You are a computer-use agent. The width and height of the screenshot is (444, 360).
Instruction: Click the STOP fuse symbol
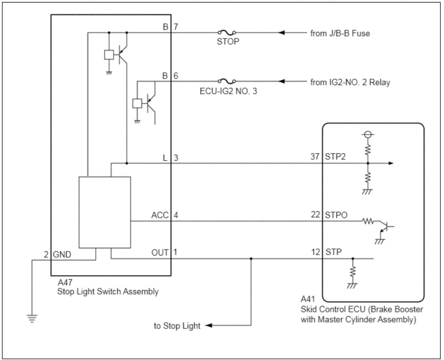pos(227,32)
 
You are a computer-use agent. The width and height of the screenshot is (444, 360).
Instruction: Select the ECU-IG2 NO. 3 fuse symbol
pos(227,82)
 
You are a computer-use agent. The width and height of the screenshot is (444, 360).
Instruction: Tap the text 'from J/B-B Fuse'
pos(340,33)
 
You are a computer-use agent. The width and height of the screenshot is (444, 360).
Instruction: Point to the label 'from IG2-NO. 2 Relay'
pos(350,83)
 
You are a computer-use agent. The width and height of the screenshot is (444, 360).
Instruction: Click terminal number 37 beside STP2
pos(315,157)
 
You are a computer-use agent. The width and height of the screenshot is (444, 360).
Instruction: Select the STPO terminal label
pos(336,215)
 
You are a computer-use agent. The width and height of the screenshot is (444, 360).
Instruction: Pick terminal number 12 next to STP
pos(315,252)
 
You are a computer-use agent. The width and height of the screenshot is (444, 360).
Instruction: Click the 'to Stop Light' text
pos(177,326)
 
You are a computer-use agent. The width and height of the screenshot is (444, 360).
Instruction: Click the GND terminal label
pos(62,255)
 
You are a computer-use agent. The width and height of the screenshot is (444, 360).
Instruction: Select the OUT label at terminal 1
pos(160,252)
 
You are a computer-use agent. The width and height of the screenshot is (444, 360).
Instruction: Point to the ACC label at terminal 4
pos(160,215)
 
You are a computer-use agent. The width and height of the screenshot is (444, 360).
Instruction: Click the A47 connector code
pos(65,282)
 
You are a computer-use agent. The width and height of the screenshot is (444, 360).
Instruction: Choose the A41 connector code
pos(307,299)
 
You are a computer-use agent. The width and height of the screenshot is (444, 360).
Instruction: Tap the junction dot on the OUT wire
pos(251,259)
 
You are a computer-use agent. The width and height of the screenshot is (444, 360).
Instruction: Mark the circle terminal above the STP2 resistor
pos(367,134)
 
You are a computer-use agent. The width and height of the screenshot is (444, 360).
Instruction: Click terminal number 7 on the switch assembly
pos(176,27)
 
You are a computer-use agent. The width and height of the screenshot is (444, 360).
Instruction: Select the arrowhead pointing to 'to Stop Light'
pos(209,326)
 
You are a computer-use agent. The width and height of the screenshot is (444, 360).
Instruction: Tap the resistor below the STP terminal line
pos(352,272)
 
